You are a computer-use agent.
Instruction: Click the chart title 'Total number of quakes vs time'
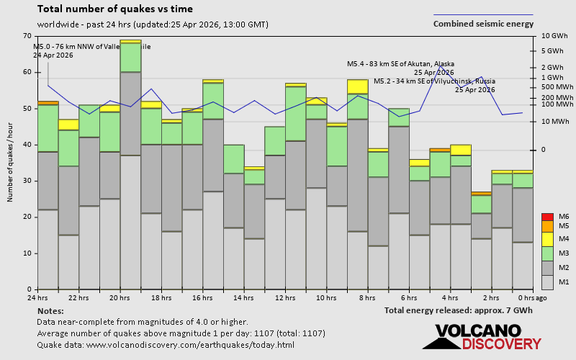point(114,9)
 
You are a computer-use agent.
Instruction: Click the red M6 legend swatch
point(547,217)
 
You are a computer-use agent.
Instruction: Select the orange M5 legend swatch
point(547,226)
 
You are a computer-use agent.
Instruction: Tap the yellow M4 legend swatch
point(547,238)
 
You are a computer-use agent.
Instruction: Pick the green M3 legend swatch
point(547,253)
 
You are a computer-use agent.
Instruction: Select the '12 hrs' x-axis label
point(285,297)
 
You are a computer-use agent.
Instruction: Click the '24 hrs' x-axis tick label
point(37,297)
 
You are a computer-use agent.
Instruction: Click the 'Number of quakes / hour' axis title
point(11,163)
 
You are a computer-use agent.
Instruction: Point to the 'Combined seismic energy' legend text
point(483,24)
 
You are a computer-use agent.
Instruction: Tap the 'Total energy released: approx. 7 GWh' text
point(459,310)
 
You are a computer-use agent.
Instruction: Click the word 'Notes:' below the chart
point(50,310)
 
